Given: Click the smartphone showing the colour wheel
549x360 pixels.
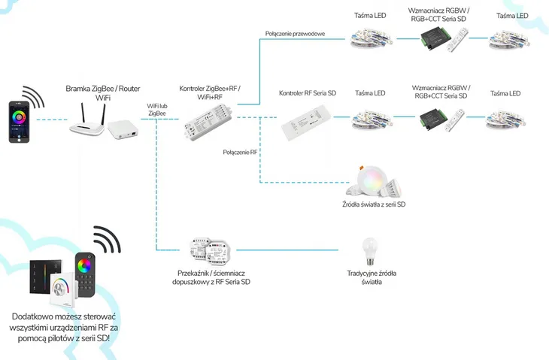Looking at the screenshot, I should pyautogui.click(x=21, y=121).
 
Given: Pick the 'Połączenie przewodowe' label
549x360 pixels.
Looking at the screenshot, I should pyautogui.click(x=295, y=34).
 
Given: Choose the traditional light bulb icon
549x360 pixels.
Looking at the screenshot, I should pyautogui.click(x=370, y=250).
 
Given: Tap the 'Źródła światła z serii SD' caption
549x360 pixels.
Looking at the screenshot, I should pyautogui.click(x=374, y=204).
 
